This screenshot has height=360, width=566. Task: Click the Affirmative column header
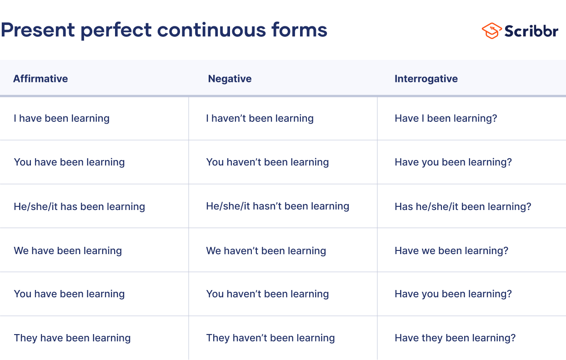coord(40,79)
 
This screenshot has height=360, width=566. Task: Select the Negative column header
coord(230,79)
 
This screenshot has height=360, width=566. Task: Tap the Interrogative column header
coord(426,79)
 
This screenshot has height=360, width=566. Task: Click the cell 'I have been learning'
coord(62,119)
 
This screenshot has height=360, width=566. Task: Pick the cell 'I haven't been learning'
coord(260,119)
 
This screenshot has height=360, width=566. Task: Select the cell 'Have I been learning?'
coord(446,119)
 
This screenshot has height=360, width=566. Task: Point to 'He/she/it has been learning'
coord(80,207)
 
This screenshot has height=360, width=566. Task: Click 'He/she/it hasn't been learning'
coord(278,206)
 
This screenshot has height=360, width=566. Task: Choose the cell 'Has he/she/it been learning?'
coord(463,207)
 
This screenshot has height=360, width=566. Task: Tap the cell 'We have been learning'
coord(68,251)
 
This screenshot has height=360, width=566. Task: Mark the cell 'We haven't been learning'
coord(266,251)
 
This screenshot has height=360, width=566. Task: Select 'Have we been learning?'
coord(451,251)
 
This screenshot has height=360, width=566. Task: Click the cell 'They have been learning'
coord(72,338)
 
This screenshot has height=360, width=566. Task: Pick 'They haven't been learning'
coord(270,338)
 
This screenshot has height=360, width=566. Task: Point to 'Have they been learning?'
coord(455,338)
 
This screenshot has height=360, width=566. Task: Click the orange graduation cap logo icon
coord(491,30)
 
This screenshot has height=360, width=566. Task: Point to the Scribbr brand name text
coord(531,31)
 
